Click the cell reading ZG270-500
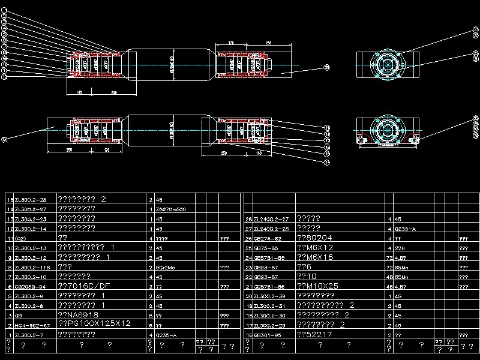tap(170, 209)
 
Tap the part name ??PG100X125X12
tap(94, 323)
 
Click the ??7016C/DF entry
tap(83, 286)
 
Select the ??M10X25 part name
tap(317, 286)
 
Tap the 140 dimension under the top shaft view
tap(79, 92)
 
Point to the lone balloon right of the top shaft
tap(326, 68)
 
